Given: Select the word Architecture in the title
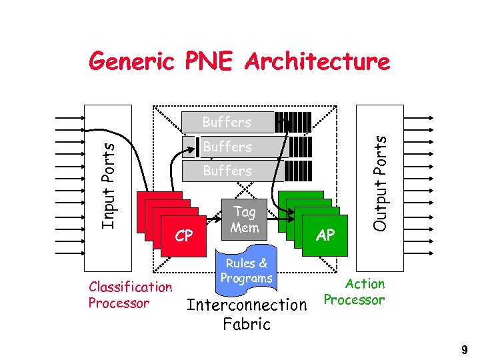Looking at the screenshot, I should [x=317, y=62].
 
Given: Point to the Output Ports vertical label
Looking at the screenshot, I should [x=380, y=183].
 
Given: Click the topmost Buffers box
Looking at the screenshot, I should [x=227, y=123].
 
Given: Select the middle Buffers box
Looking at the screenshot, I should [x=227, y=147].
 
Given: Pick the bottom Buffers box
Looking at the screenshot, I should [x=227, y=171].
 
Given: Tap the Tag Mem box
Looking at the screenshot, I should [x=244, y=219].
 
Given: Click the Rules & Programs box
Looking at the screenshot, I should [x=246, y=271].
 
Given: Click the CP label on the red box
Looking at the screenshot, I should [x=184, y=236].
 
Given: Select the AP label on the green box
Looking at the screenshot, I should [x=325, y=235].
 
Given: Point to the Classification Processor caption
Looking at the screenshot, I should [x=130, y=295].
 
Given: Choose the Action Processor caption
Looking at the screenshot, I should [x=355, y=292].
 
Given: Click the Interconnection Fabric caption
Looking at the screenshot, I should [x=247, y=315].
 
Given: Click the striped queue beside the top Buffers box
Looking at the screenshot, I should [x=293, y=123].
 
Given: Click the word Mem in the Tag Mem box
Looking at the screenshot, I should [x=244, y=227].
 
